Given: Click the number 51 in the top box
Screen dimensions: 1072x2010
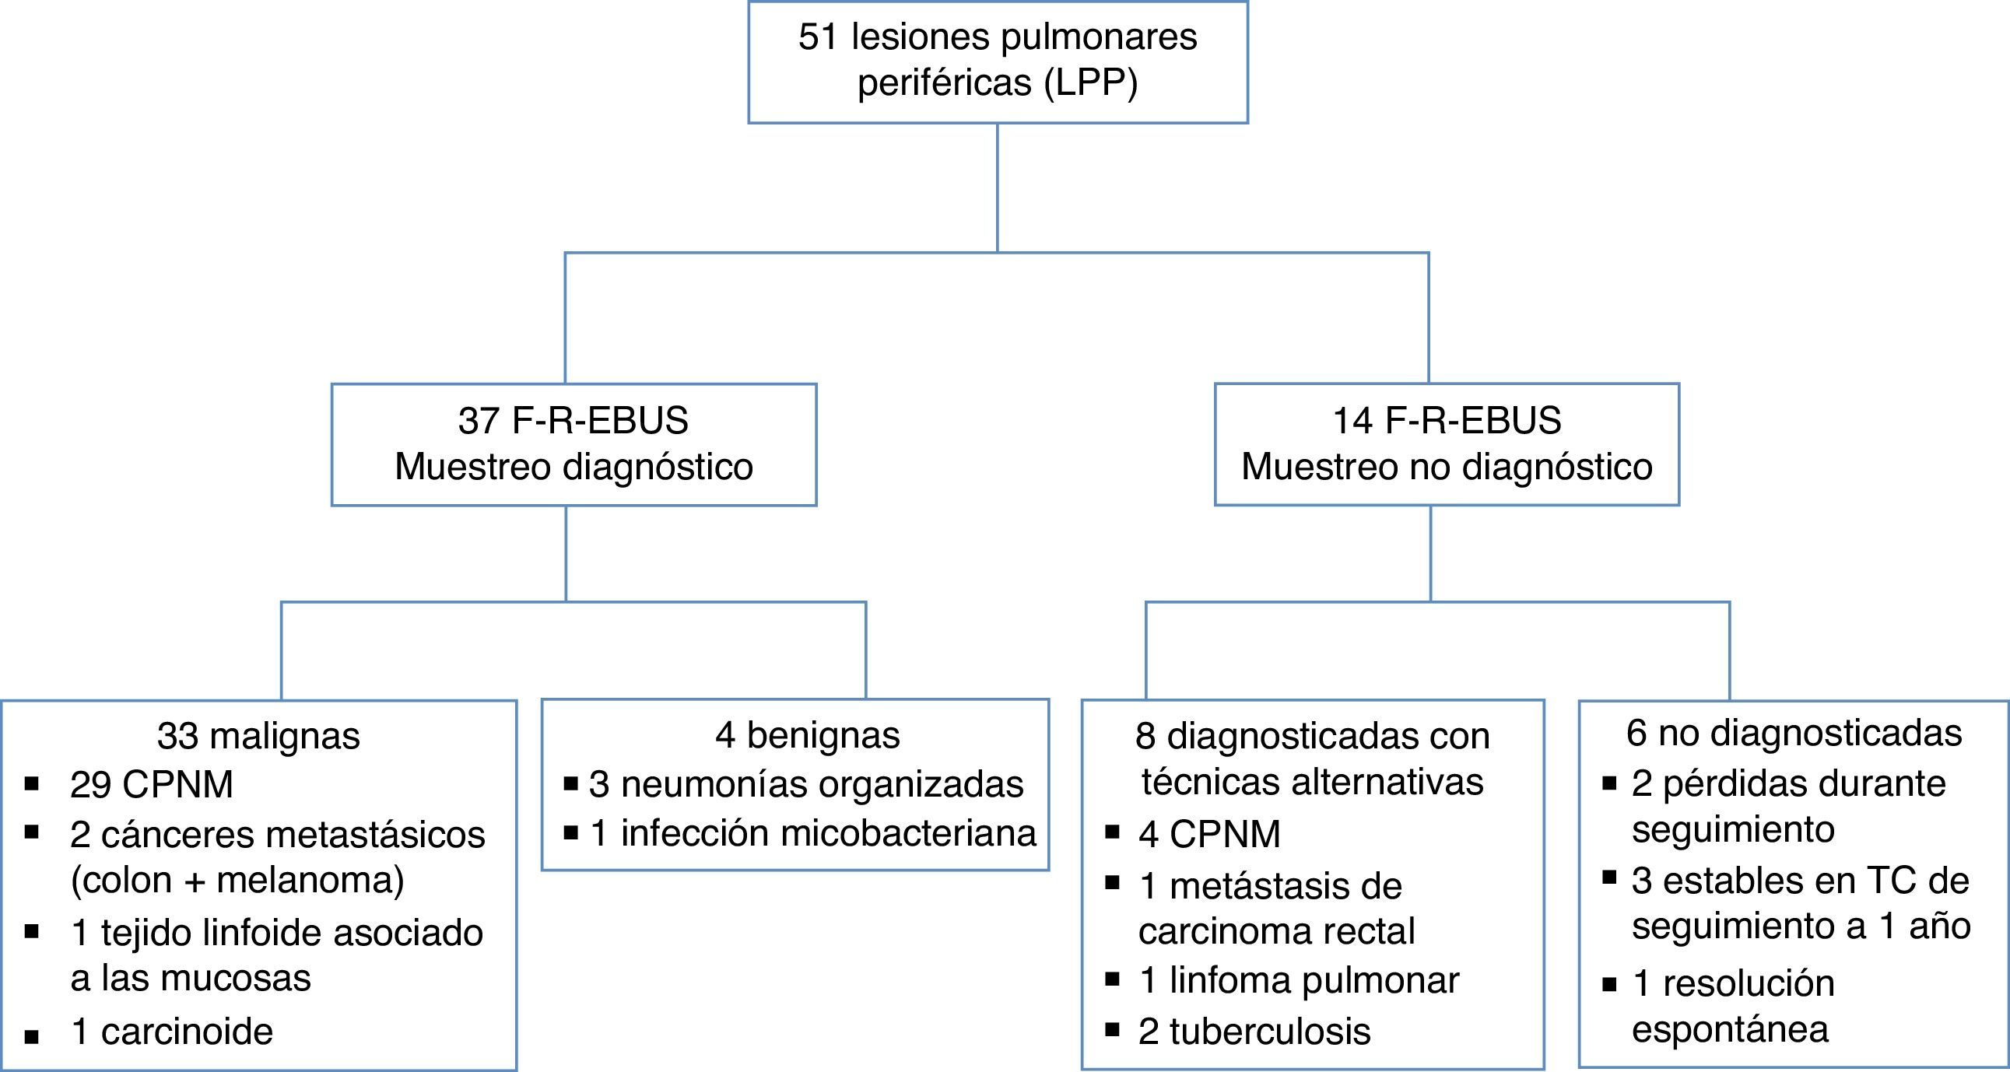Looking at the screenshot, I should [818, 37].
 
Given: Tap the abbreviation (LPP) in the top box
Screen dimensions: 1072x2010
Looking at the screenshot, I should [1091, 82].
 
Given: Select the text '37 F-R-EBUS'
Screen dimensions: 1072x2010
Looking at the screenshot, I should [573, 421].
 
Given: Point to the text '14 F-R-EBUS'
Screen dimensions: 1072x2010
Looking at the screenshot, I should [1447, 421].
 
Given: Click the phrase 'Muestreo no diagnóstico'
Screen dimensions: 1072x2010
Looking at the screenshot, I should [1447, 467].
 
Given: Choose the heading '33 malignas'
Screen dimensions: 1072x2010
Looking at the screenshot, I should [258, 736].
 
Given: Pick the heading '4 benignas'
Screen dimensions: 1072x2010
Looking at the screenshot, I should [808, 735].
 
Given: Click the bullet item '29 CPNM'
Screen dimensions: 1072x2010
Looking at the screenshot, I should [152, 785].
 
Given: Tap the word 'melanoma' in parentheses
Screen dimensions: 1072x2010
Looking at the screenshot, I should [310, 880].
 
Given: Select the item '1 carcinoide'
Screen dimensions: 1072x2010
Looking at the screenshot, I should [172, 1032].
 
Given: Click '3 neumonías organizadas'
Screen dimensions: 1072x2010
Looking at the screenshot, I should [806, 784].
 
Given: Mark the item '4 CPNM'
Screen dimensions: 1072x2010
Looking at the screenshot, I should [1209, 834].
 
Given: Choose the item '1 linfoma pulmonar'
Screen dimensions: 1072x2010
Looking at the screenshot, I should [1299, 981].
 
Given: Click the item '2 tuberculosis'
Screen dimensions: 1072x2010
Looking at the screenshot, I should [1254, 1032].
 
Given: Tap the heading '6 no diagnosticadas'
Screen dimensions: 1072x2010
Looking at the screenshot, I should [1794, 733].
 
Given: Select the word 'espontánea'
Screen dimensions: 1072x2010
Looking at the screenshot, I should [1730, 1029].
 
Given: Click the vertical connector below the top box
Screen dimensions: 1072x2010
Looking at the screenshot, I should [997, 187].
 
